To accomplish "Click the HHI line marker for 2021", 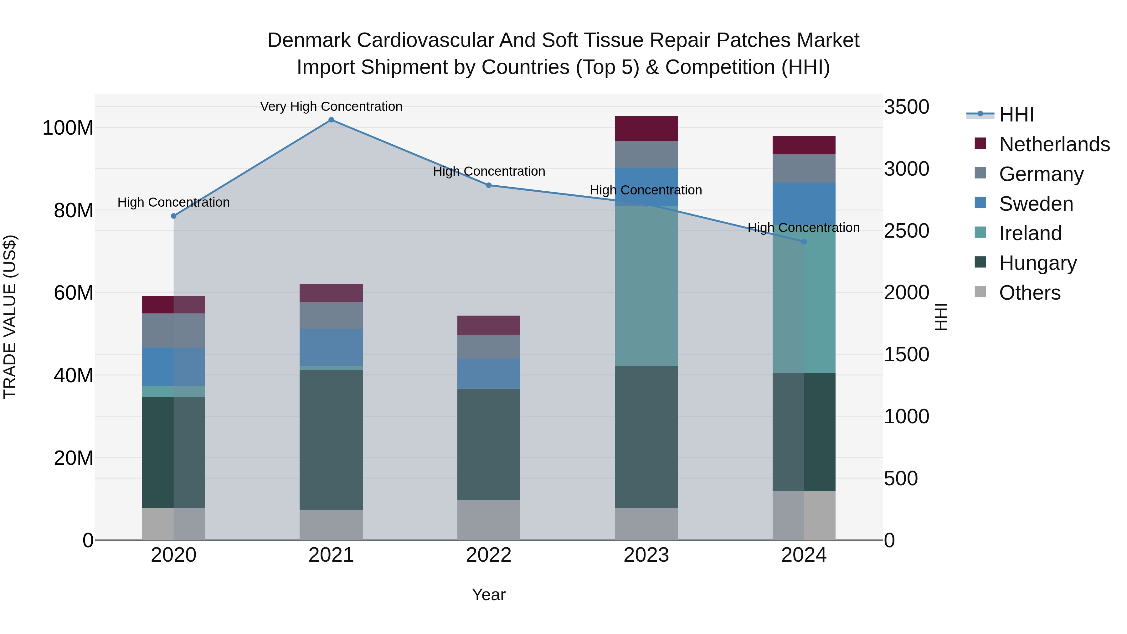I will point(331,120).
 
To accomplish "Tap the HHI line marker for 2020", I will point(174,216).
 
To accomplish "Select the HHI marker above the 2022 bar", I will point(489,185).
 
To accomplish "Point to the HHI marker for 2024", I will point(804,241).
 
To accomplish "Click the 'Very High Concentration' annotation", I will point(331,106).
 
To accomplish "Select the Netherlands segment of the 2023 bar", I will point(646,129).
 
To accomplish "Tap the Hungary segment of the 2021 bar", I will point(331,440).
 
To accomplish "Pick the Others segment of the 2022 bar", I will point(489,520).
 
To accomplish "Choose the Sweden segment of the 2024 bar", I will point(804,204).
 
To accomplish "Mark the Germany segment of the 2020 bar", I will point(174,330).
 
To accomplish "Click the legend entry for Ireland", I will point(1030,233).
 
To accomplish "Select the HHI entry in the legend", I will point(1016,115).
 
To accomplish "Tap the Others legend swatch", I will point(980,292).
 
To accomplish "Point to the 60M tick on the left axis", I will point(74,293).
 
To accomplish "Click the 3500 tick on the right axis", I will point(906,107).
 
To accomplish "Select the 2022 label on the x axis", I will point(489,555).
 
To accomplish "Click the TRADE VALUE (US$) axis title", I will point(10,317).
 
